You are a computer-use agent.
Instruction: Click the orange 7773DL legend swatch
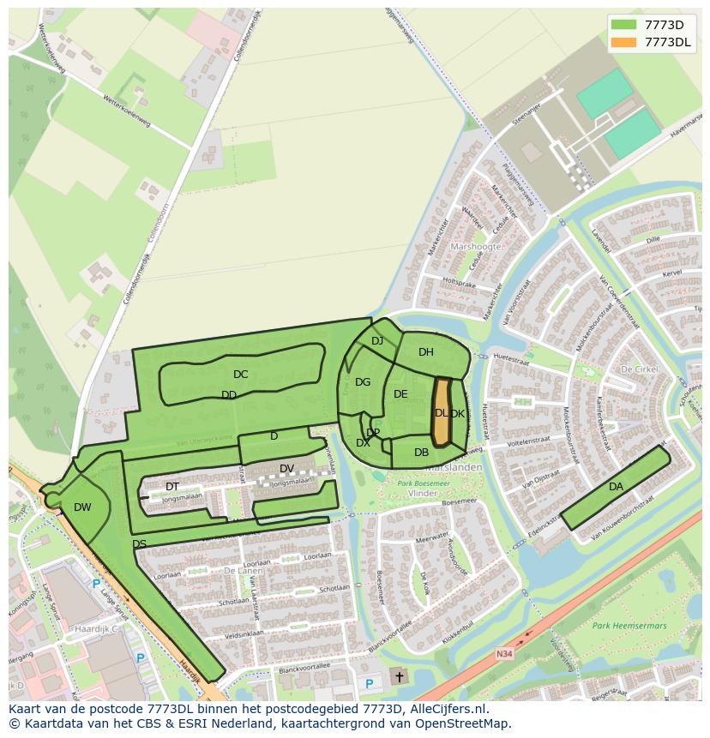point(625,42)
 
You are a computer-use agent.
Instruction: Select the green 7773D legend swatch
point(625,24)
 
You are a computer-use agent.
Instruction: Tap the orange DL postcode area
point(441,413)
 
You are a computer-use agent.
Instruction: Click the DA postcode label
point(616,487)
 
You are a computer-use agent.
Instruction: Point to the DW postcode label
point(82,507)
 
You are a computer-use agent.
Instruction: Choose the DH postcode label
point(426,352)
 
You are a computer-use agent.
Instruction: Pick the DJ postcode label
point(377,341)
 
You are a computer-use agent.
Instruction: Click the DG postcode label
point(363,382)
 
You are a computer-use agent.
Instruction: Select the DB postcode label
point(421,453)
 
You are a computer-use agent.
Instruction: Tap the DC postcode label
point(240,375)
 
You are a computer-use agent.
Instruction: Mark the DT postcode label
point(172,487)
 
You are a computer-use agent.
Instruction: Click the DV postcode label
point(286,468)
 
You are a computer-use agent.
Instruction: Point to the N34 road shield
point(504,652)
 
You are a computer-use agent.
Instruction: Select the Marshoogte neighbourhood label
point(475,247)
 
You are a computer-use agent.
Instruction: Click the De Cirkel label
point(639,369)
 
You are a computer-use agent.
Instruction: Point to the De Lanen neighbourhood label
point(218,569)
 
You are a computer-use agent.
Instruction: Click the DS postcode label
point(139,544)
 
